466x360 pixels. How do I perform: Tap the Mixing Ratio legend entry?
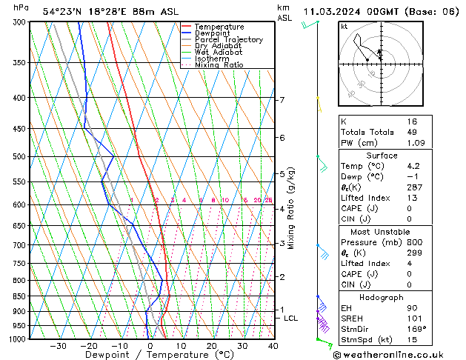[x=219, y=64]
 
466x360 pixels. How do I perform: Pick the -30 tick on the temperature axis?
[x=58, y=346]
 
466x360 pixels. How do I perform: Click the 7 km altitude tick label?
[x=282, y=100]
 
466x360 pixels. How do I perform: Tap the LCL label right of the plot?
[x=291, y=319]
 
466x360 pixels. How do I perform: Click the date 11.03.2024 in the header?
[x=330, y=11]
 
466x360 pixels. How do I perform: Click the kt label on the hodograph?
[x=344, y=26]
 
